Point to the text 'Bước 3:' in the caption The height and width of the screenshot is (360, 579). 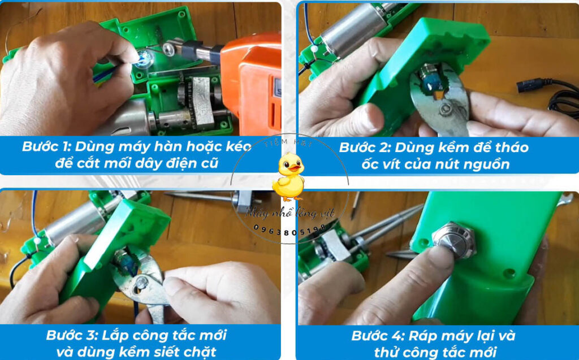69,335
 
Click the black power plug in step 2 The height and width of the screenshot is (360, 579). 526,86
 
